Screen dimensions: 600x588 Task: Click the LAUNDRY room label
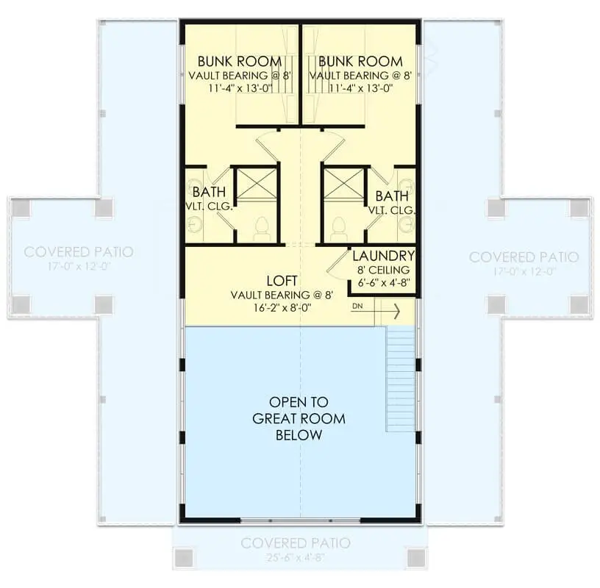pyautogui.click(x=383, y=256)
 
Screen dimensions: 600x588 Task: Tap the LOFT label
pyautogui.click(x=282, y=281)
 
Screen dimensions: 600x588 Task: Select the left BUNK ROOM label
pyautogui.click(x=240, y=61)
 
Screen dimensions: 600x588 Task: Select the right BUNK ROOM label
pyautogui.click(x=360, y=61)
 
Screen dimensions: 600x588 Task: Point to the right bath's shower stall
pyautogui.click(x=344, y=184)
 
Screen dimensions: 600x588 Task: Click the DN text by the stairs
pyautogui.click(x=357, y=306)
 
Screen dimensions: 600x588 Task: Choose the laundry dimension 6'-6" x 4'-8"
pyautogui.click(x=384, y=283)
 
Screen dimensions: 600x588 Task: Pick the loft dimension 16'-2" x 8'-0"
pyautogui.click(x=282, y=307)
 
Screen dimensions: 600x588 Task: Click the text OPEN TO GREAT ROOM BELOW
pyautogui.click(x=299, y=418)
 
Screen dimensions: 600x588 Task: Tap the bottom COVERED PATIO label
pyautogui.click(x=296, y=543)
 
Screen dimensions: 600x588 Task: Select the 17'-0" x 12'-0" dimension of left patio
pyautogui.click(x=79, y=266)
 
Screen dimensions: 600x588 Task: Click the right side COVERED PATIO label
pyautogui.click(x=524, y=257)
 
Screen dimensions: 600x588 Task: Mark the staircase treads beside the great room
pyautogui.click(x=401, y=379)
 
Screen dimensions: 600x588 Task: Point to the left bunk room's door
pyautogui.click(x=267, y=146)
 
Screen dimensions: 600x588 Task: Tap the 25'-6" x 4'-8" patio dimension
pyautogui.click(x=296, y=558)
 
